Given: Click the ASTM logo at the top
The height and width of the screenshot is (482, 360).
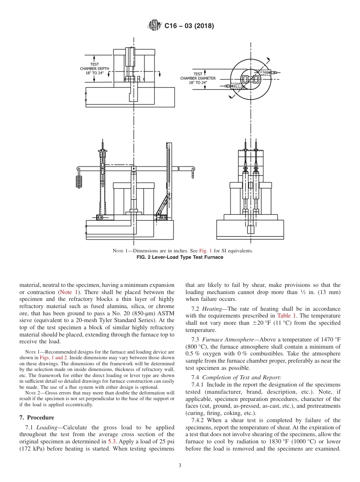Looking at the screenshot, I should [155, 26].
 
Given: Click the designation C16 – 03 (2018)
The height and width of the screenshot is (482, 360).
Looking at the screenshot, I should [189, 26].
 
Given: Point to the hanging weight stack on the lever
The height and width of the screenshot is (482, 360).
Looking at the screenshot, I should [79, 181].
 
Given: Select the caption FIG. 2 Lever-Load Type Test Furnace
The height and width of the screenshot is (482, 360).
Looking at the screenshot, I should [180, 257].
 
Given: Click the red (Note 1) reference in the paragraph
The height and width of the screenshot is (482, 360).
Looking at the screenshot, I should [69, 292].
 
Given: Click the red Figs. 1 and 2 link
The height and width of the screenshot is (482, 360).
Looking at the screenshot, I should [53, 357].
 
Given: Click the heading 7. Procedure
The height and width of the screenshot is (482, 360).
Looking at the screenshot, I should [37, 418].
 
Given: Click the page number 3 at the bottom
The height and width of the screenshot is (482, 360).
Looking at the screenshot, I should [180, 466].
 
